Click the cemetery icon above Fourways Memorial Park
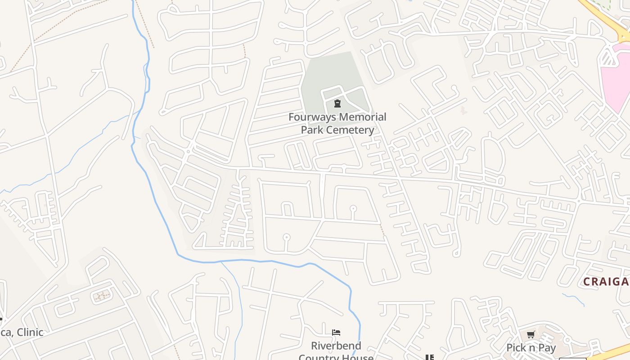click(337, 104)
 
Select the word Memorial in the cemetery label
click(362, 117)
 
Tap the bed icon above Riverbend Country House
click(336, 333)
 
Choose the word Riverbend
click(336, 346)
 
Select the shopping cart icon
click(531, 335)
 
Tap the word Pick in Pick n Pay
click(517, 348)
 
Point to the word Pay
click(547, 348)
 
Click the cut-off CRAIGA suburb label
click(606, 282)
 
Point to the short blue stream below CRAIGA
click(573, 299)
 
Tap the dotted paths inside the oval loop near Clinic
click(102, 296)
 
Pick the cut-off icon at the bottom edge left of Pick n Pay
click(430, 357)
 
